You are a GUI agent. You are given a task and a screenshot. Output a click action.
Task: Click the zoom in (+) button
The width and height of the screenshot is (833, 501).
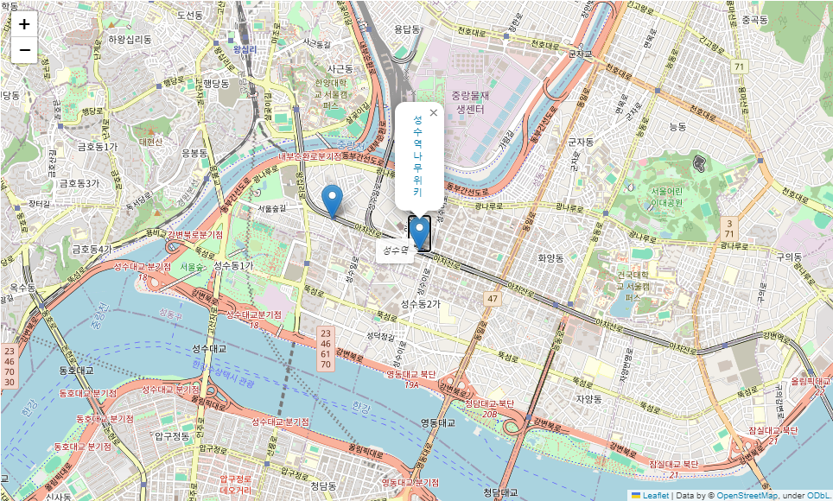(24, 24)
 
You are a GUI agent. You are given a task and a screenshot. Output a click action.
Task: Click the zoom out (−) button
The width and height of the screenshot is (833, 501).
(24, 50)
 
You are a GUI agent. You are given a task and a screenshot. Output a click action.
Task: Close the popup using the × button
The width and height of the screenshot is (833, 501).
(434, 112)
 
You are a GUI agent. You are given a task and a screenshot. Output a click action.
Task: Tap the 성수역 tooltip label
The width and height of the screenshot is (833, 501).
(393, 250)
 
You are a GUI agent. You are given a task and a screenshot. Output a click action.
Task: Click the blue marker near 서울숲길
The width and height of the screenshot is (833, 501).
(332, 200)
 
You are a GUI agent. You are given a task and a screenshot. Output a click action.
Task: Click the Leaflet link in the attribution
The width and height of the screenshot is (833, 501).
(656, 495)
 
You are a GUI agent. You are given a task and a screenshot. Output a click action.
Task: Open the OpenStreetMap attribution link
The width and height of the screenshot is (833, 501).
(747, 495)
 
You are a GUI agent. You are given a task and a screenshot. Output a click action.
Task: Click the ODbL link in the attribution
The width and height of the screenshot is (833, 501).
(818, 495)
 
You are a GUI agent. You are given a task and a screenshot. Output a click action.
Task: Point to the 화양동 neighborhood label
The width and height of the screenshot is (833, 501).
(550, 257)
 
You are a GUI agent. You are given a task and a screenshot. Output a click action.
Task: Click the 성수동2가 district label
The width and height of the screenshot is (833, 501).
(420, 304)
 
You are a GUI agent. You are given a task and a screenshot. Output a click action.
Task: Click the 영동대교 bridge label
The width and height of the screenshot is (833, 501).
(437, 422)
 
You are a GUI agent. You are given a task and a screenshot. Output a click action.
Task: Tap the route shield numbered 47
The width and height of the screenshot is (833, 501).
(493, 298)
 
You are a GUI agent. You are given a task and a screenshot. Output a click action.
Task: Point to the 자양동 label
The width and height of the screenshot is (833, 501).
(588, 399)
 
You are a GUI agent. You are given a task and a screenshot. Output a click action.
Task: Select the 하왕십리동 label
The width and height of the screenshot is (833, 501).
(130, 39)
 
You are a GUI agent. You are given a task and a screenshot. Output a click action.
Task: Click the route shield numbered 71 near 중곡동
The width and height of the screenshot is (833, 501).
(739, 67)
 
